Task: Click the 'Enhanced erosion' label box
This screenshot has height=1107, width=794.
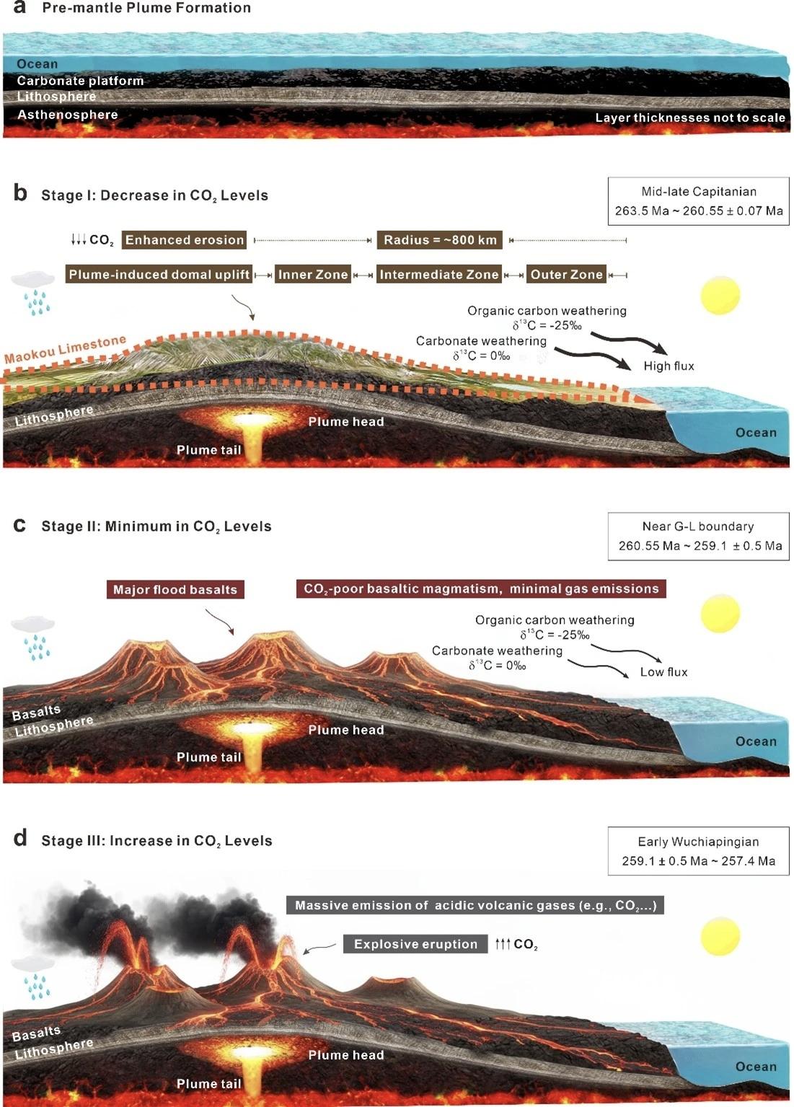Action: [x=185, y=240]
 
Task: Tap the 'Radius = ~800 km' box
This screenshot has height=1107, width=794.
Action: [x=440, y=240]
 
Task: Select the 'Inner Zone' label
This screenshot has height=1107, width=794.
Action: [x=313, y=275]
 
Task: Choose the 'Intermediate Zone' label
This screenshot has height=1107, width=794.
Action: [x=439, y=275]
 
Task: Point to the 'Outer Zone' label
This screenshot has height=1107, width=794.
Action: [x=566, y=275]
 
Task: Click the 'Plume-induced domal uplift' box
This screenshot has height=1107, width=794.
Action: [x=159, y=275]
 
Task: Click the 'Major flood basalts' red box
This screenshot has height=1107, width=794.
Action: [x=175, y=590]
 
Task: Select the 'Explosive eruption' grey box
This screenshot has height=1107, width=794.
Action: [x=415, y=944]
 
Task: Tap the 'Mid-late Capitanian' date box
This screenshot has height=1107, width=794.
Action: [x=698, y=201]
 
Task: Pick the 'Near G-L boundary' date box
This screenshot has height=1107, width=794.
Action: [x=698, y=536]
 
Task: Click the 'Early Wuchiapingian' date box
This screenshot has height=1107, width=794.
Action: [x=698, y=851]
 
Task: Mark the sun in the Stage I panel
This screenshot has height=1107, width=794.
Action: [x=720, y=295]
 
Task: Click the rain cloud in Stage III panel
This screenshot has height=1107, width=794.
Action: [x=33, y=974]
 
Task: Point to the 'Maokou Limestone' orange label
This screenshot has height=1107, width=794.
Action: [x=65, y=349]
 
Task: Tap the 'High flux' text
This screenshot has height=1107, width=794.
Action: [x=669, y=366]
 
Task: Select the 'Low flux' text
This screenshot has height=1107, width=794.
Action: [x=663, y=672]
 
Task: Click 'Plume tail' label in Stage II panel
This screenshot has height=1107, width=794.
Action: [x=208, y=757]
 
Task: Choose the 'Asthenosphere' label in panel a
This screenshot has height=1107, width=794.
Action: [x=67, y=115]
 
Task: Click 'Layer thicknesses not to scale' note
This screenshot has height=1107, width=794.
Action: [x=689, y=118]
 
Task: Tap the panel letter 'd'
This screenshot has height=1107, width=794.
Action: [x=20, y=839]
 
